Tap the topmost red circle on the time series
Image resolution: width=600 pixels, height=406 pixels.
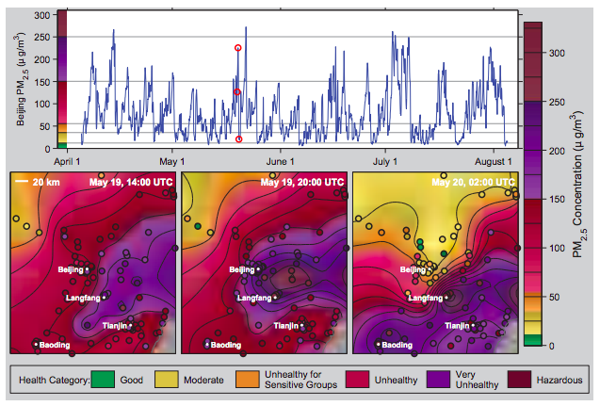pos(237,47)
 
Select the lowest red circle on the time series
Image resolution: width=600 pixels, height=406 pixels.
pos(238,138)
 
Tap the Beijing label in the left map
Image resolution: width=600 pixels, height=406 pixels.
pos(71,269)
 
